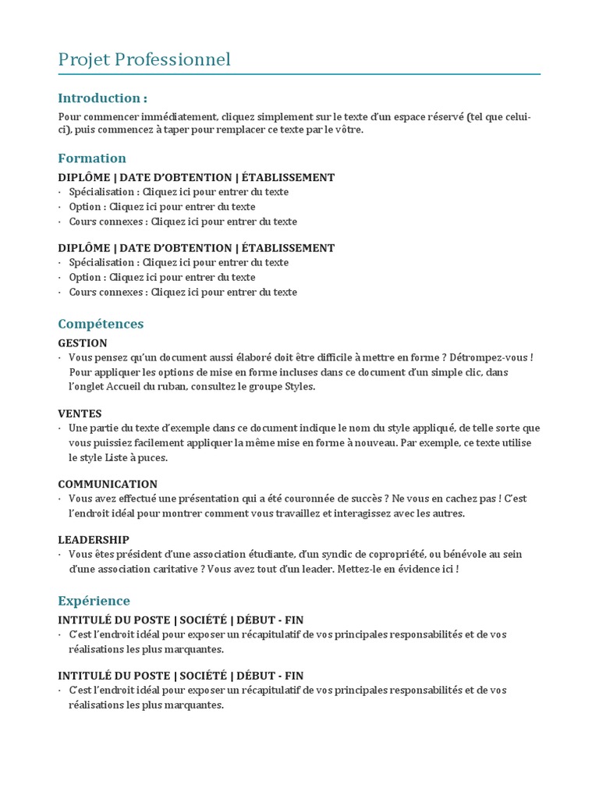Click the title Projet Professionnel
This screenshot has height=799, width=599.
pos(144,60)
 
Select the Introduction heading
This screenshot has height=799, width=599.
pos(102,98)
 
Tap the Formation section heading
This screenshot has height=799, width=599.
pos(92,158)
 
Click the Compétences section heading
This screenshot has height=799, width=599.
pos(101,324)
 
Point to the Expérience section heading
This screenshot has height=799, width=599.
pos(94,601)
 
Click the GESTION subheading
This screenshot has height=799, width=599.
pos(83,343)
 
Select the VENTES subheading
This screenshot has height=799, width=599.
pos(80,414)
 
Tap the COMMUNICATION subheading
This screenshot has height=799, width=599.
pos(108,484)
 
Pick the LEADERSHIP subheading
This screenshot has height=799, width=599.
pos(94,540)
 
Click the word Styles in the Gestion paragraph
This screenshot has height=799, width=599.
pos(300,387)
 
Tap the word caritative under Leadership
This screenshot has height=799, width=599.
pos(175,569)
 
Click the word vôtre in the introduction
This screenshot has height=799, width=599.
pos(347,130)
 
